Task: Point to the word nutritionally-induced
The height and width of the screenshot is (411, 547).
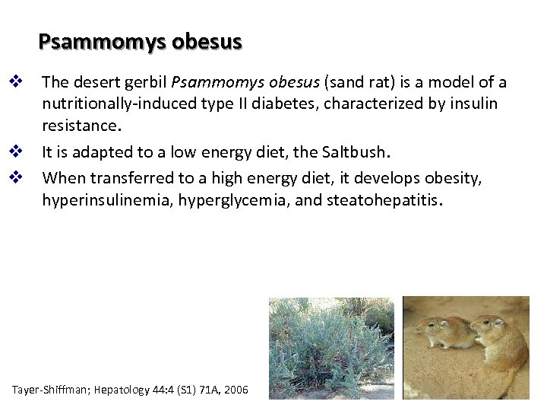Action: point(116,103)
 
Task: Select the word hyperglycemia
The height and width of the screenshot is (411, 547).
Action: point(223,199)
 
